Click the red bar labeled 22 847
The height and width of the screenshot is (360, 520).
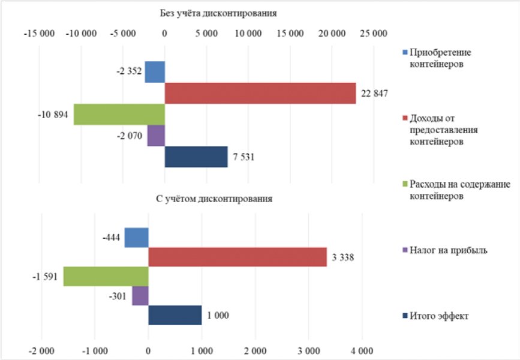260,93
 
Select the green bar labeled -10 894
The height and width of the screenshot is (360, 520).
119,114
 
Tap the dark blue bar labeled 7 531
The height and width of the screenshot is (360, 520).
196,157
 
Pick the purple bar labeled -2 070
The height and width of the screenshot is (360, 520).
156,136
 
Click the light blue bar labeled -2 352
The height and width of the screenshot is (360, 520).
155,72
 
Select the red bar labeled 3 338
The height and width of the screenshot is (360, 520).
238,257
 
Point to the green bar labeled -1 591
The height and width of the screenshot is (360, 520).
106,277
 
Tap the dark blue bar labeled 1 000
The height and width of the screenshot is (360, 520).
175,315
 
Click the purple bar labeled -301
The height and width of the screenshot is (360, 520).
140,296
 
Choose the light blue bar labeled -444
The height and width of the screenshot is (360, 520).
136,238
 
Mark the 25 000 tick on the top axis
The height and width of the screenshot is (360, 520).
373,34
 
